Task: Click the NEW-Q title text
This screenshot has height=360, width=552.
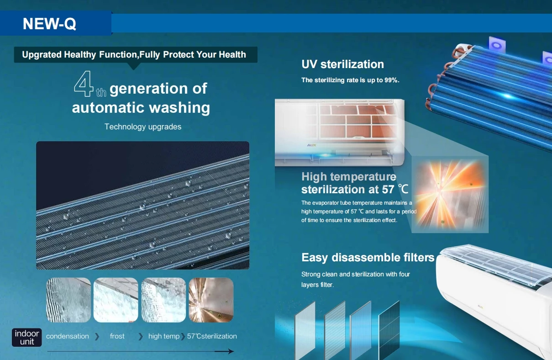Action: [49, 24]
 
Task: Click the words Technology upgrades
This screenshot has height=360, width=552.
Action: [143, 127]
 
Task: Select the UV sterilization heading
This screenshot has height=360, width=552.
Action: [342, 64]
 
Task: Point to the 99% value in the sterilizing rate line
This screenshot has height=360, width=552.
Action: [392, 80]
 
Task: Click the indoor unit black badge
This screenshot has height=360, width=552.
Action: [26, 337]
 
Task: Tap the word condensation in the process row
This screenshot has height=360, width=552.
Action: [67, 336]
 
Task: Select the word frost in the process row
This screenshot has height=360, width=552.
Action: [117, 336]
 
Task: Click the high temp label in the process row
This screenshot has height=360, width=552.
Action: [164, 336]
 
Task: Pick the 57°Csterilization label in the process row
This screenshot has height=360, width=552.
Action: [212, 336]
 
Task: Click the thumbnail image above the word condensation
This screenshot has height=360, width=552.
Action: [68, 300]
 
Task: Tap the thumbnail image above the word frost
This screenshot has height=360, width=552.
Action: [116, 300]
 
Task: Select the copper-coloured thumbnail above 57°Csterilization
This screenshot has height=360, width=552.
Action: [211, 300]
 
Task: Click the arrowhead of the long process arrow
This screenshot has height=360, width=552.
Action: [231, 351]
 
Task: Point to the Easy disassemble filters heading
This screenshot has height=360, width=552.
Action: [368, 258]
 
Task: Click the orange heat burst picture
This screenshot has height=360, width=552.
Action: [450, 194]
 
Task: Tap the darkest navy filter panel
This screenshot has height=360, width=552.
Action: [389, 330]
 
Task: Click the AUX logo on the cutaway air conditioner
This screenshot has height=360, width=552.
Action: [311, 145]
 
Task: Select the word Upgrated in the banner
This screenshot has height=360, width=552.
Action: [42, 55]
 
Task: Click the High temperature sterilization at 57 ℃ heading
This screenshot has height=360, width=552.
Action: [355, 183]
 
